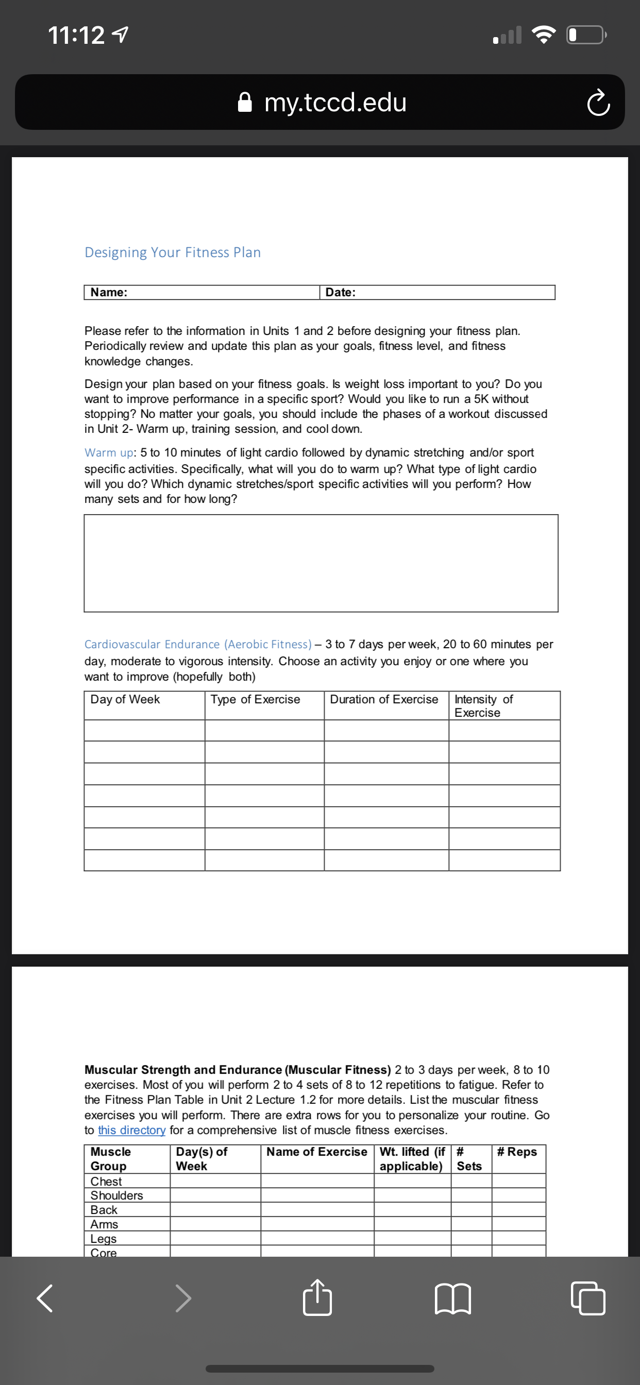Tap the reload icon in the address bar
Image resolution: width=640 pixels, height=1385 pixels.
tap(598, 103)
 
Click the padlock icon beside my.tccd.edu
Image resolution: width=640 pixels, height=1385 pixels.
tap(245, 102)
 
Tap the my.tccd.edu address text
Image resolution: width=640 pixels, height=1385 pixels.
tap(335, 102)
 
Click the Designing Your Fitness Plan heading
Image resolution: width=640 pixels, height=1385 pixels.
tap(172, 252)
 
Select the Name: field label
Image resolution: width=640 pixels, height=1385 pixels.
tap(109, 293)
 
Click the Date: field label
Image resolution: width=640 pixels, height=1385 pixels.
tap(341, 293)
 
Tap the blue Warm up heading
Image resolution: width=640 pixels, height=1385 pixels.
tap(109, 453)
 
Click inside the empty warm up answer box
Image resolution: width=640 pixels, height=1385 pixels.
tap(321, 563)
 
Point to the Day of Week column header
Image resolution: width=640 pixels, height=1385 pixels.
tap(125, 700)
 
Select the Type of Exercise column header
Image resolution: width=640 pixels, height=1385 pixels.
tap(255, 700)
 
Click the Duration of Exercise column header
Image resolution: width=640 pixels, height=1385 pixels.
tap(384, 700)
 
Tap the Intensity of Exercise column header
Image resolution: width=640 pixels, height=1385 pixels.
tap(483, 705)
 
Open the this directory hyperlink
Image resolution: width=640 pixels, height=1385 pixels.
tap(131, 1130)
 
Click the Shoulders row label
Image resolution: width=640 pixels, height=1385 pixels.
tap(116, 1195)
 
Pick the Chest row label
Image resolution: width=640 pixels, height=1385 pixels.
tap(106, 1181)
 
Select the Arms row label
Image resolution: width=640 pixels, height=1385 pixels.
tap(104, 1224)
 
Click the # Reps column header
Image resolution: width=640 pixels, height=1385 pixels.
tap(517, 1152)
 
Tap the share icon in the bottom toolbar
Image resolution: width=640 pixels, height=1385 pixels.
tap(317, 1298)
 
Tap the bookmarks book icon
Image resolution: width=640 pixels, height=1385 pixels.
tap(452, 1299)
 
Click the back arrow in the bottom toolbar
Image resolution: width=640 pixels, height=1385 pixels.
tap(45, 1298)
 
